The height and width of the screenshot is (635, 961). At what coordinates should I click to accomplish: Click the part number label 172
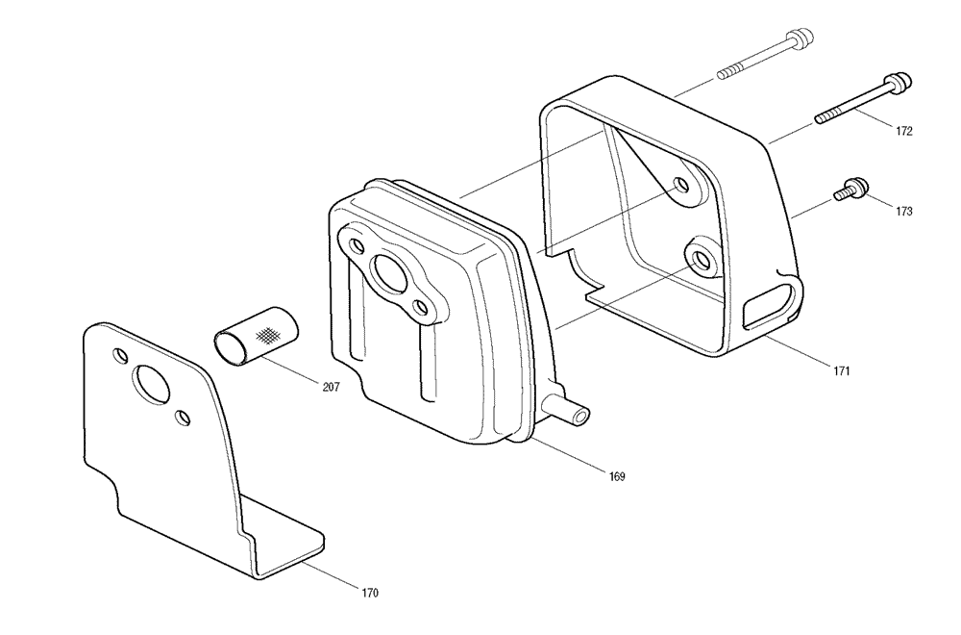[x=903, y=131]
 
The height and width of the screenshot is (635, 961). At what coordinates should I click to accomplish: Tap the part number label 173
[x=903, y=212]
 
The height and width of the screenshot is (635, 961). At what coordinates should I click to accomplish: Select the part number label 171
[x=841, y=370]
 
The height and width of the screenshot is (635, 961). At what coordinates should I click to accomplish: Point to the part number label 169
[x=617, y=476]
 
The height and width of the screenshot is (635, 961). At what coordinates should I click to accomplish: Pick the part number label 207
[x=331, y=387]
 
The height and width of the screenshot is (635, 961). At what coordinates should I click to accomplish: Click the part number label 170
[x=370, y=593]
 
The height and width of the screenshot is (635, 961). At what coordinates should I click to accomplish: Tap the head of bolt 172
[x=898, y=84]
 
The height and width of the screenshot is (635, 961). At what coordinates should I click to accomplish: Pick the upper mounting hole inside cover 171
[x=681, y=186]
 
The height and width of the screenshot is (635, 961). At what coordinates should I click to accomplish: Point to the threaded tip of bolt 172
[x=828, y=116]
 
